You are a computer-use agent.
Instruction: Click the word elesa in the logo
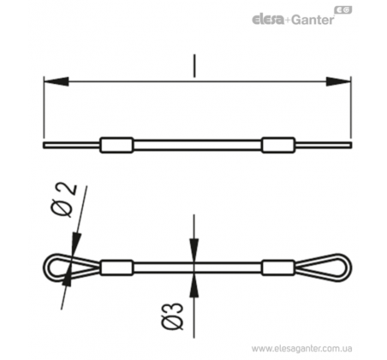[268, 21]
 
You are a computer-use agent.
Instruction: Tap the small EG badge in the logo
[342, 10]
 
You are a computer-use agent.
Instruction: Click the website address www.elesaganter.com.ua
[301, 349]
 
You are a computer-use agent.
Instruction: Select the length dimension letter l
[194, 66]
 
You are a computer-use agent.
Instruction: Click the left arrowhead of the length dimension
[57, 81]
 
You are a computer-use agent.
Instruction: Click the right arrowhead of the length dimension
[338, 81]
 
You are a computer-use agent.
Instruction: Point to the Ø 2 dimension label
[64, 201]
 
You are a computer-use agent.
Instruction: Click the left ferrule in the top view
[116, 145]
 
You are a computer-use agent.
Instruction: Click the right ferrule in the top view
[278, 145]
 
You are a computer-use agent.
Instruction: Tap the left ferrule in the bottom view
[116, 267]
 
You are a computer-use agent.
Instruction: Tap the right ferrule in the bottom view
[278, 267]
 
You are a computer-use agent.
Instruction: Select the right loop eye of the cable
[349, 267]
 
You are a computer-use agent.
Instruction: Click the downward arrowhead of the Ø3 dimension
[194, 250]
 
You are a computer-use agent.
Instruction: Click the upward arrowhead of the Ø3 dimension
[194, 285]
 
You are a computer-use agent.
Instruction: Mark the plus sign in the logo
[288, 21]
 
